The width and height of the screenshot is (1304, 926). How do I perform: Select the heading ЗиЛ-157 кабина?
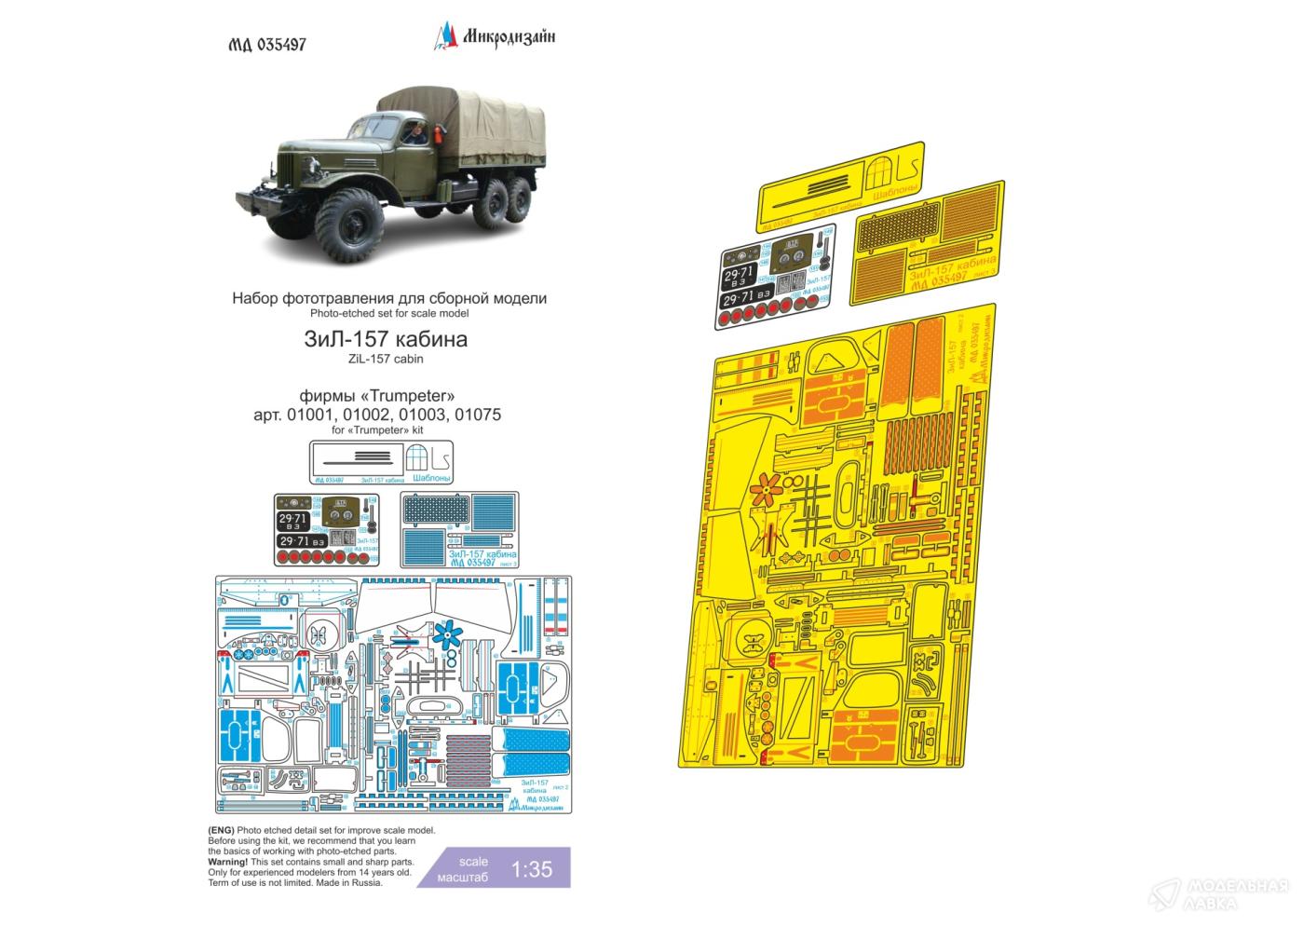[x=388, y=339]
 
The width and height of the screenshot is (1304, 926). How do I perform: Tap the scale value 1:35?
[x=533, y=870]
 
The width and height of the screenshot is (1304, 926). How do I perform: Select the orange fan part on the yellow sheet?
[x=767, y=488]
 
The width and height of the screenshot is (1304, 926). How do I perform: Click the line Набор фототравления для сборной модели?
[x=388, y=299]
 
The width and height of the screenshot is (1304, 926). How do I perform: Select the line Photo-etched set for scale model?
[x=388, y=315]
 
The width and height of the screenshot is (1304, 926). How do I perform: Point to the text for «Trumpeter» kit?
[x=388, y=429]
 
